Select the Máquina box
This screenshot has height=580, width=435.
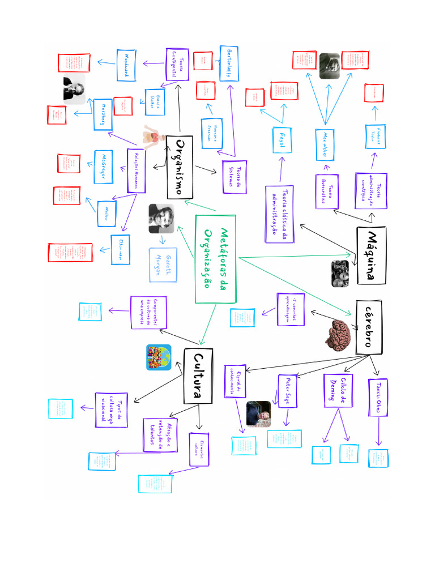point(371,255)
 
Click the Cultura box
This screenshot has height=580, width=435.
point(198,376)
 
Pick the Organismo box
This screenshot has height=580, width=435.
point(181,167)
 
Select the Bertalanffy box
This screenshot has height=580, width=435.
point(229,63)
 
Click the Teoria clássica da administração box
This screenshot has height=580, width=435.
point(279,214)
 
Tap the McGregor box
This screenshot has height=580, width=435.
point(103,167)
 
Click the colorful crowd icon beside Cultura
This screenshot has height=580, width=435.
point(159,358)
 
